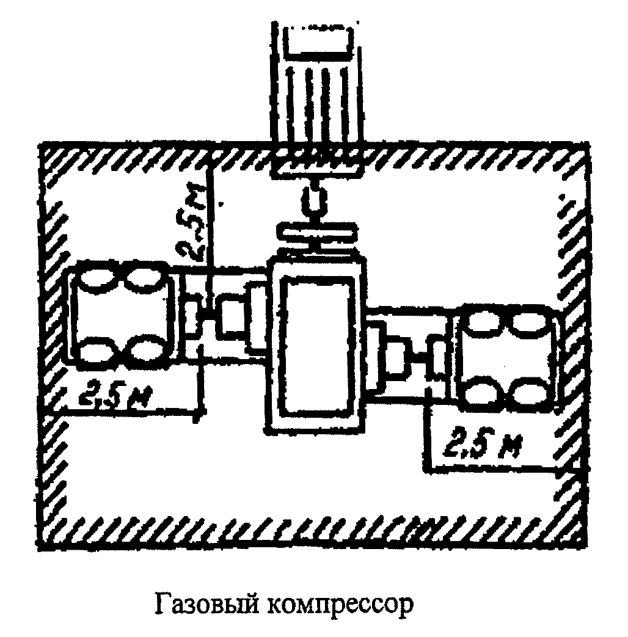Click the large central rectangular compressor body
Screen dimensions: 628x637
316,344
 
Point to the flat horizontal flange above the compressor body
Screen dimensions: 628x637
317,233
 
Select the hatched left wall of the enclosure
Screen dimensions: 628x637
53,342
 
